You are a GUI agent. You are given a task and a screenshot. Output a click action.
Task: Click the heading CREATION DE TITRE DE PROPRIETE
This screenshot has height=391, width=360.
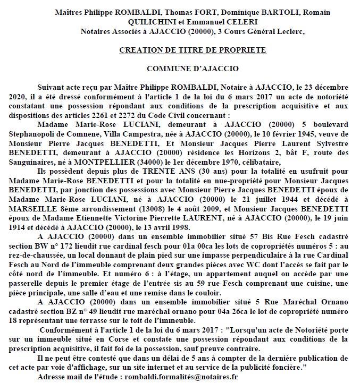192,50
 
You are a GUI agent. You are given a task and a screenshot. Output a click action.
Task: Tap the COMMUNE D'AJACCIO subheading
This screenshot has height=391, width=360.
192,69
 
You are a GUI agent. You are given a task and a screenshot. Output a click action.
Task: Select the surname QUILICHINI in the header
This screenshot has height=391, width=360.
126,22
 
